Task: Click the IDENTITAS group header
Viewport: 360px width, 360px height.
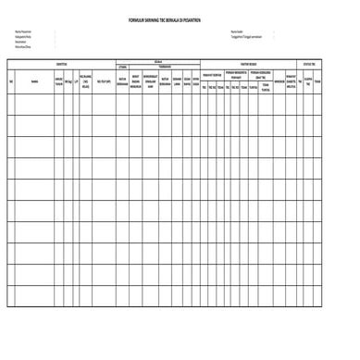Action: [61, 63]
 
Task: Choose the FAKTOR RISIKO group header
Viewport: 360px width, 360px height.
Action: [255, 63]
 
